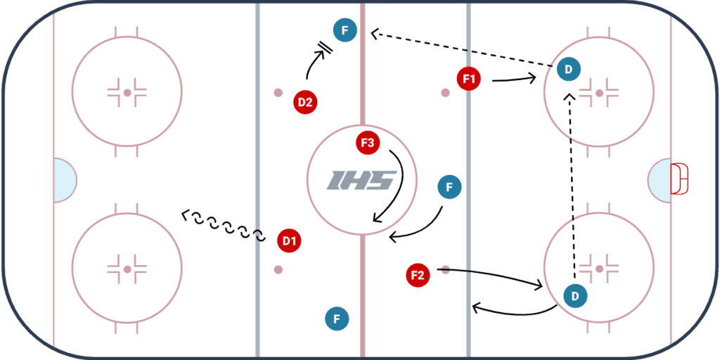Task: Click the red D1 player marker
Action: click(x=289, y=241)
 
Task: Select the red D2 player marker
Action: click(x=305, y=102)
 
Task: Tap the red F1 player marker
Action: click(x=469, y=79)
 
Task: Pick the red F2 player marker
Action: click(x=418, y=275)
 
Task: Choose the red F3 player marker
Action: click(x=368, y=143)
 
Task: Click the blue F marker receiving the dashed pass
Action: click(x=345, y=31)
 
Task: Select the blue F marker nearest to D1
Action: click(x=337, y=319)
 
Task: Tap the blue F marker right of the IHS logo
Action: click(x=449, y=187)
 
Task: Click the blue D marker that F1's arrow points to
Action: click(x=568, y=69)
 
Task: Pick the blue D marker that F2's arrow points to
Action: click(x=575, y=296)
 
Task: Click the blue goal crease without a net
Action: click(x=64, y=180)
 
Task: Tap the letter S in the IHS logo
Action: click(x=383, y=181)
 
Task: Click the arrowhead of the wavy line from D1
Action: click(x=185, y=214)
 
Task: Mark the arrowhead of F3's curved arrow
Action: click(x=377, y=219)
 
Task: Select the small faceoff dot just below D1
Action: click(x=278, y=269)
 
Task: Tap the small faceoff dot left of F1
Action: click(x=445, y=92)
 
